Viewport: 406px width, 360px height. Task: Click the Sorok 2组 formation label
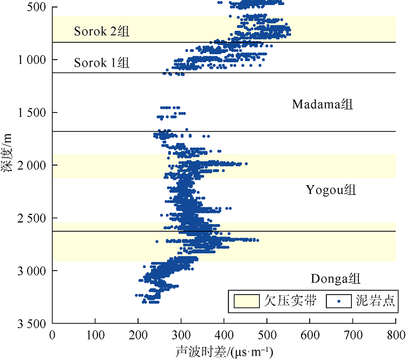tap(102, 31)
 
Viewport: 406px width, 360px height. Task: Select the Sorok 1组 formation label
tap(102, 63)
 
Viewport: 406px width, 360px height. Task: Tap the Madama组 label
tap(322, 104)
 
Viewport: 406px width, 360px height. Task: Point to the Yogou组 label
tap(331, 190)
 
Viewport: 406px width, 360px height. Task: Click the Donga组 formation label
tap(336, 279)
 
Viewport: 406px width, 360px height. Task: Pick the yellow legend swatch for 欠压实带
tap(247, 302)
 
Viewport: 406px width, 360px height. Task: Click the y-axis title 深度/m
tap(7, 153)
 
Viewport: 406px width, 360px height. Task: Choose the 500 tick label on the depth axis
tap(39, 6)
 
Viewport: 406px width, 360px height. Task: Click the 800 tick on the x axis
tap(395, 336)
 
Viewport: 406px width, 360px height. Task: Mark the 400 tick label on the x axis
tap(224, 336)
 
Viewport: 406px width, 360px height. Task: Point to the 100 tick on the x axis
tap(95, 336)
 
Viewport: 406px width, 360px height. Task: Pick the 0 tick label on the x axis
tap(53, 336)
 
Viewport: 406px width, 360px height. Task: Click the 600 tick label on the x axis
tap(310, 336)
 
